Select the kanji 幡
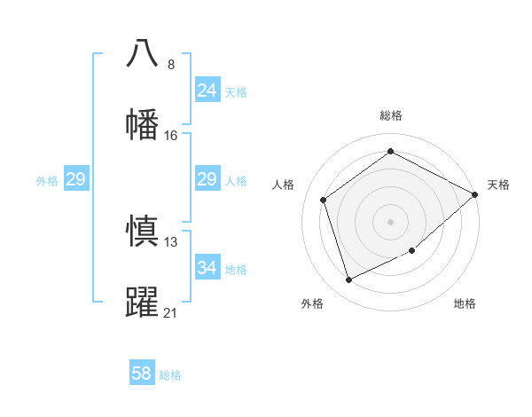tap(142, 123)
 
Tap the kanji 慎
tap(142, 232)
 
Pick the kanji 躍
tap(142, 302)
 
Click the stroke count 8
tap(171, 65)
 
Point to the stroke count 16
tap(171, 135)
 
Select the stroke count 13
tap(171, 242)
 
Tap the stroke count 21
tap(171, 312)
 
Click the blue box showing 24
tap(207, 90)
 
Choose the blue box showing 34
tap(207, 268)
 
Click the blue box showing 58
tap(142, 374)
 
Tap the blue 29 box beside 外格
tap(76, 180)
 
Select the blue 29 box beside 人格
tap(207, 180)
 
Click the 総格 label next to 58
tap(170, 375)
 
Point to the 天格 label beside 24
tap(236, 92)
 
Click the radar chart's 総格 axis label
tap(391, 115)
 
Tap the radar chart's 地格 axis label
tap(465, 304)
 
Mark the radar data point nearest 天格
tap(475, 194)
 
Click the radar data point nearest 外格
tap(349, 280)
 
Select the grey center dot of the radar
tap(391, 221)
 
